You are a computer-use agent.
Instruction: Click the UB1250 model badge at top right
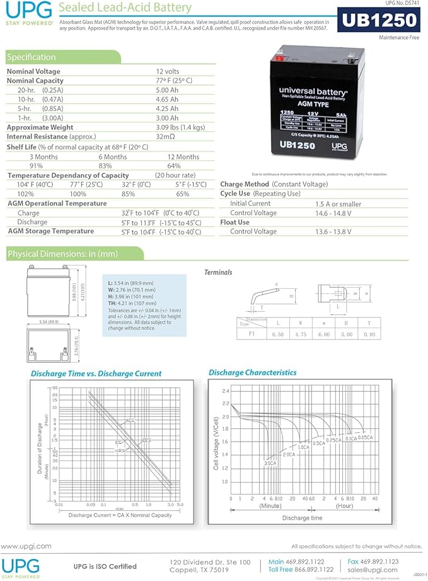coord(379,21)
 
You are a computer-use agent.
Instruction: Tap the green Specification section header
coord(32,57)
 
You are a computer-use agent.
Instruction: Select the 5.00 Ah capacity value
coord(167,90)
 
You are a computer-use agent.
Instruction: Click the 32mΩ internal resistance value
coord(165,136)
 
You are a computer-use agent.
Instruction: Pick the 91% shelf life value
coord(37,166)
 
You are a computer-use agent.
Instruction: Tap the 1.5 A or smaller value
coord(338,204)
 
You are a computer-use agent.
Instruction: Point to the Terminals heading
coord(218,273)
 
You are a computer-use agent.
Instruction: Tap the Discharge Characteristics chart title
coord(252,372)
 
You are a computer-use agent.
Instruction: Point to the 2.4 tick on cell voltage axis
coord(225,391)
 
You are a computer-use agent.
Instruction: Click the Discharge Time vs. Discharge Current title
coord(96,373)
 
